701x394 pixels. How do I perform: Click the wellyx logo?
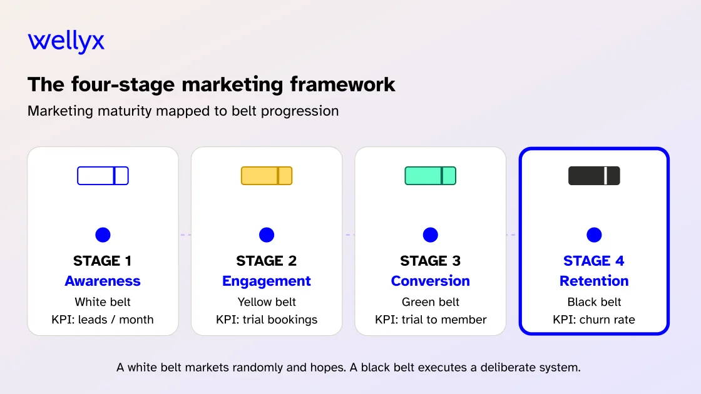click(66, 42)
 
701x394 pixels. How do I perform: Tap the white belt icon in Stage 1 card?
click(103, 176)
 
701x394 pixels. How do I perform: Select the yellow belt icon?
click(267, 176)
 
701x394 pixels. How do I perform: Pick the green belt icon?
click(431, 176)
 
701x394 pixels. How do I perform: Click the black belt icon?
click(594, 176)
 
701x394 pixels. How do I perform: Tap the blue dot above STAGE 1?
click(103, 235)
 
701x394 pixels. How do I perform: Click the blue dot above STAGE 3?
click(431, 235)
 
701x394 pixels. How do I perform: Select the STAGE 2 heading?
click(267, 261)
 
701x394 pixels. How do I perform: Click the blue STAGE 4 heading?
click(594, 261)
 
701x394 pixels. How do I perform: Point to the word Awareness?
click(103, 281)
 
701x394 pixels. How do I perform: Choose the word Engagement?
click(267, 281)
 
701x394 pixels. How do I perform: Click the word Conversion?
click(431, 281)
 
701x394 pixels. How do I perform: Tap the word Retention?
click(594, 281)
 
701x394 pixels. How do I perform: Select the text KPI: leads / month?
click(103, 320)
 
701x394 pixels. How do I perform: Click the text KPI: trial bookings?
click(267, 320)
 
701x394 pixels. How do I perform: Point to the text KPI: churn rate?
click(594, 320)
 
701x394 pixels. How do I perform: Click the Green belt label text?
click(431, 302)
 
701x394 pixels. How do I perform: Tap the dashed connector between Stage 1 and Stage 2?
click(185, 235)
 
